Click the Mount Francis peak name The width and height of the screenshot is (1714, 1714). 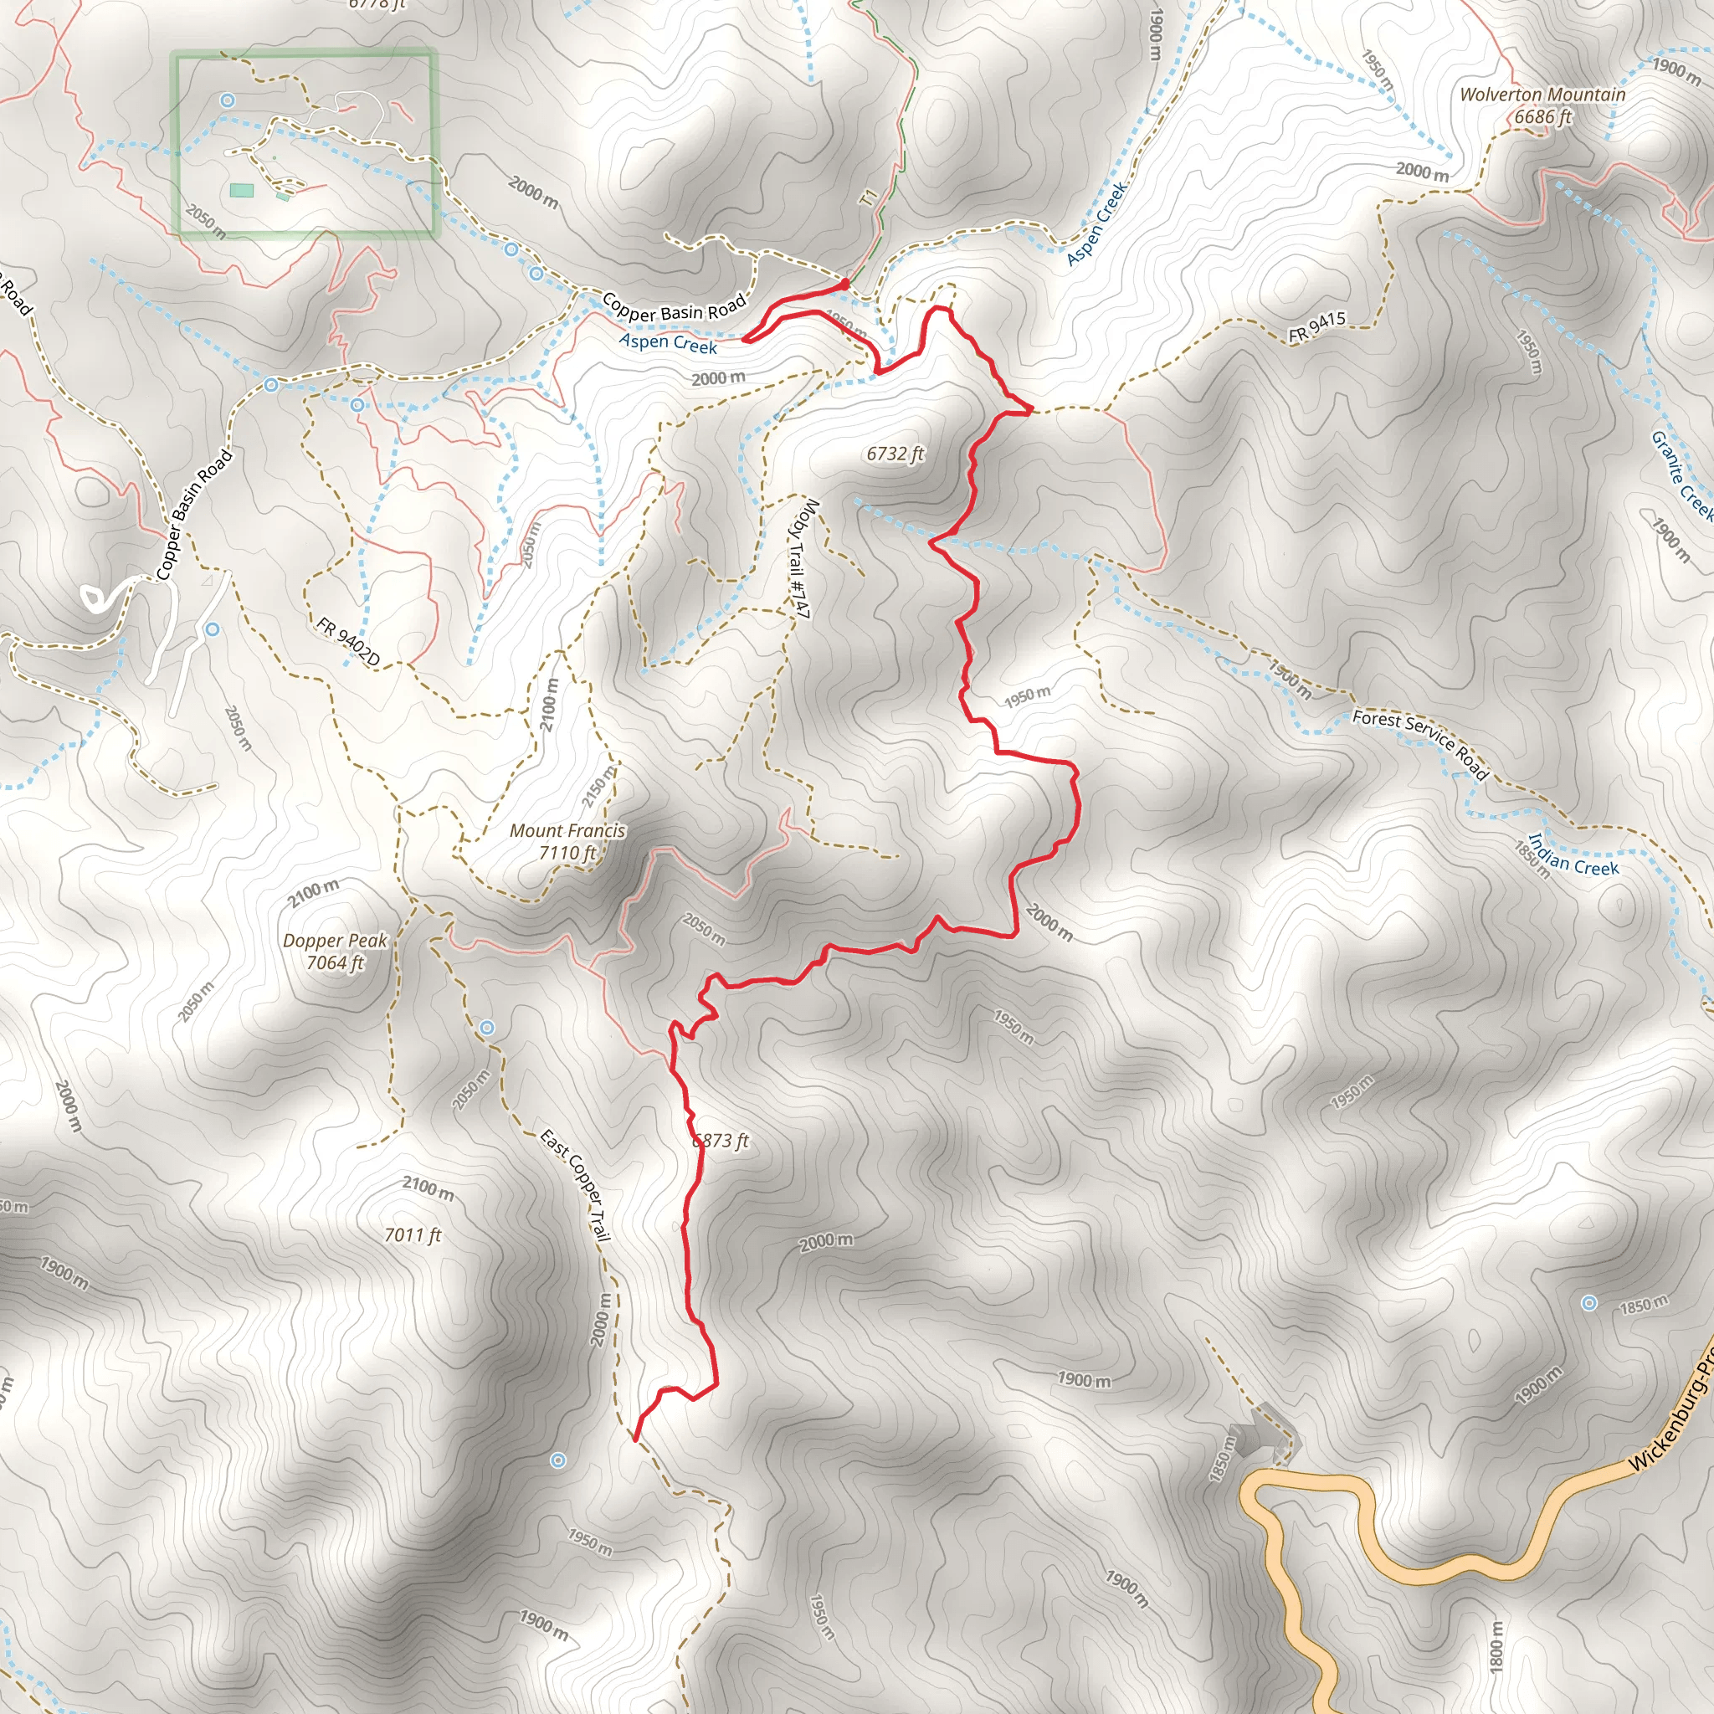567,831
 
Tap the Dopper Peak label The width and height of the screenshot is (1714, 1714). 336,941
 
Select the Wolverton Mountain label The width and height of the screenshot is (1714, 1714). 1542,94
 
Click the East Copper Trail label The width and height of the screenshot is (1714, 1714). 576,1185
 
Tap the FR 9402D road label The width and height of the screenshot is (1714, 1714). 348,641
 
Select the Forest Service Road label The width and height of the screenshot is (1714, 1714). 1419,743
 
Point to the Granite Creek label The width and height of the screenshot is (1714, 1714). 1681,475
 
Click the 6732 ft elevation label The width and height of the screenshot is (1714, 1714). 895,454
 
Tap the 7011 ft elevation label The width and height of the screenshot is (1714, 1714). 413,1235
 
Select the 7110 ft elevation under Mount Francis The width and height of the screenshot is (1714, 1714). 567,853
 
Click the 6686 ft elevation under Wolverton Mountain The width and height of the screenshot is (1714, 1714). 1542,116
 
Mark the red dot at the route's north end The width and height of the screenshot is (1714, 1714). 844,284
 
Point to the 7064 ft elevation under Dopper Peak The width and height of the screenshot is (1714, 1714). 336,962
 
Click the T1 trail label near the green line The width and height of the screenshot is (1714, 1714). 869,196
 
